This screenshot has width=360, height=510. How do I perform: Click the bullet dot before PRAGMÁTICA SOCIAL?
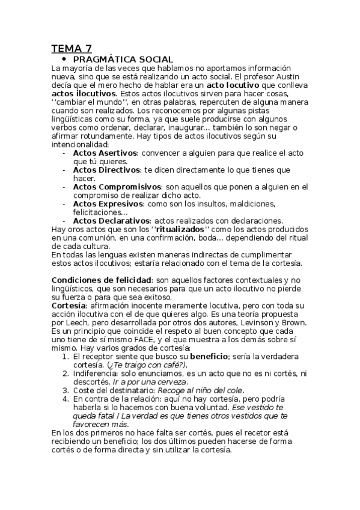pos(63,60)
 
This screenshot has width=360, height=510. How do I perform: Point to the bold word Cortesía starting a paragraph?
pos(69,306)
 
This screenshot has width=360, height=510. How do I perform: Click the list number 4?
pos(66,398)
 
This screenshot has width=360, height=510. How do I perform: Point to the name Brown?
pos(293,322)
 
